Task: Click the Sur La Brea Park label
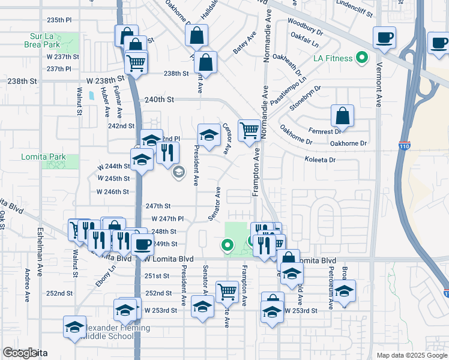point(43,40)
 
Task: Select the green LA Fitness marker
point(361,58)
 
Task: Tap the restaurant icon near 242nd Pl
point(167,152)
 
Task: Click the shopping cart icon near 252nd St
point(227,292)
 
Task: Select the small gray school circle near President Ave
point(178,173)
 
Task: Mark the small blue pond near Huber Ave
point(91,95)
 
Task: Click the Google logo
point(19,353)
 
